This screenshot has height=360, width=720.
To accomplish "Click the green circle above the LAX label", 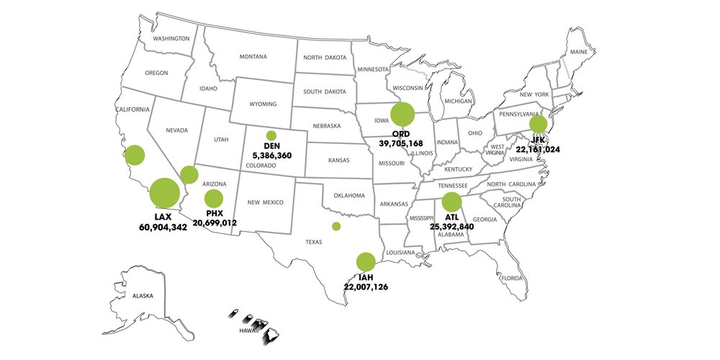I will click(164, 193).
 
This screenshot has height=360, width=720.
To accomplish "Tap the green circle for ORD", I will click(402, 114).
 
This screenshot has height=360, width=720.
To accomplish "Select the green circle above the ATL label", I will click(451, 202).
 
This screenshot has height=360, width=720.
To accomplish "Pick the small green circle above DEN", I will click(271, 135).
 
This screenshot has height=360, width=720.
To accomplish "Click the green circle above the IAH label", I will click(366, 262).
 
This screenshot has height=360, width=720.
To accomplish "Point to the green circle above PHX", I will click(214, 199).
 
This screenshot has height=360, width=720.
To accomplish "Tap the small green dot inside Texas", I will click(336, 226).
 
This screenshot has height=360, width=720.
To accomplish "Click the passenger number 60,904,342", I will click(163, 227).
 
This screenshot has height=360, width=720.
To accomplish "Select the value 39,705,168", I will click(406, 143).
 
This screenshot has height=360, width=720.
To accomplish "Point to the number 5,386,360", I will click(272, 155).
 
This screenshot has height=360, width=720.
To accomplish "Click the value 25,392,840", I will click(451, 226).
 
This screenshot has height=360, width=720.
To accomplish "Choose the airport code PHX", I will click(215, 214).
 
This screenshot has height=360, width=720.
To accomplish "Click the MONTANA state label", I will click(253, 57).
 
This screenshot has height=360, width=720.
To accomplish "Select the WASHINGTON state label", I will click(171, 38).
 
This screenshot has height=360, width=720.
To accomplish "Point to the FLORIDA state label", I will click(513, 278).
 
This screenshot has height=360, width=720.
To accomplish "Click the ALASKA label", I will click(143, 296).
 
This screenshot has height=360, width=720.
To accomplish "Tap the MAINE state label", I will click(578, 52).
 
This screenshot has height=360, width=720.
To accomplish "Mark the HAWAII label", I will click(248, 330).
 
